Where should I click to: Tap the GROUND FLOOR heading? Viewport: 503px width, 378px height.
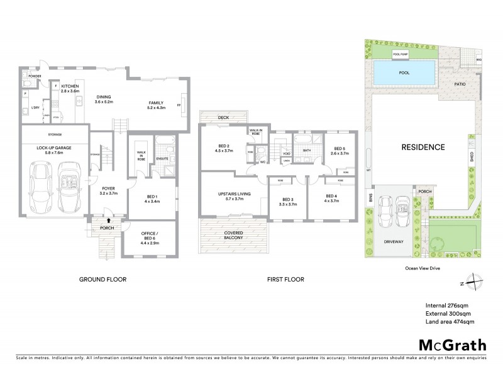100,278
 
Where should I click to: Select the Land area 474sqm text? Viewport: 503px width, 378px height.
450,321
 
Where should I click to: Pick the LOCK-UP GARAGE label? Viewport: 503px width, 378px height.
53,149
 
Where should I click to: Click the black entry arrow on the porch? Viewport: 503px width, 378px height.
109,220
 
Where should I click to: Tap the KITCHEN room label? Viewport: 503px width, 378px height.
70,88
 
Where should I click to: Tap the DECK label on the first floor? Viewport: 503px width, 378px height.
223,118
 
